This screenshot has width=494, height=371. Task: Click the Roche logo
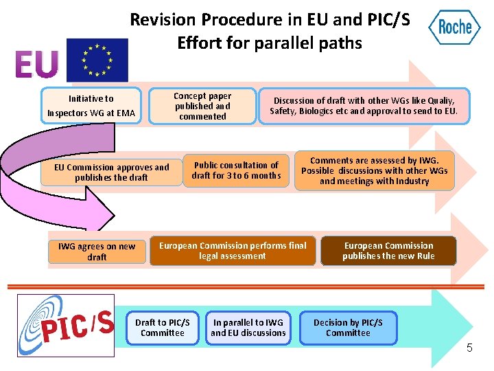coord(454,27)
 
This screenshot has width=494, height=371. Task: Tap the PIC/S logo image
coord(66,326)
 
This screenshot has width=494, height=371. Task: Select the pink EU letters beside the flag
coord(36,65)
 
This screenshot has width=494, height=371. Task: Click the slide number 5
coord(469,348)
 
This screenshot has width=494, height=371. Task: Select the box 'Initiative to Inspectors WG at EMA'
coord(91,106)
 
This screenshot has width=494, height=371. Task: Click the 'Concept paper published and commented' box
coord(202,106)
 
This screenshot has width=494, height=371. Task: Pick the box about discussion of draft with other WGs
coord(364,106)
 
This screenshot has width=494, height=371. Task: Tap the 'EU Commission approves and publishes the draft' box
coord(111,172)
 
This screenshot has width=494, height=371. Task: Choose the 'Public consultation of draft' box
coord(236,170)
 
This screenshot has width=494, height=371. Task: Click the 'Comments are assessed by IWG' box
coord(374,170)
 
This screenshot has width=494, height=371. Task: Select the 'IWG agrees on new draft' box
coord(97,251)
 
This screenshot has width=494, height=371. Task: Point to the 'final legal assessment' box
coord(233,251)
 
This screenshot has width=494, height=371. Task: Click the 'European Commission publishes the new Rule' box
coord(388,251)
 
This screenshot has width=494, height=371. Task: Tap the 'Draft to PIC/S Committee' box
coord(163,328)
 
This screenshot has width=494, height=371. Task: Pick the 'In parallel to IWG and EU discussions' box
coord(248,328)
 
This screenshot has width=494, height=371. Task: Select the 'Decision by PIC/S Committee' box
coord(348,328)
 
